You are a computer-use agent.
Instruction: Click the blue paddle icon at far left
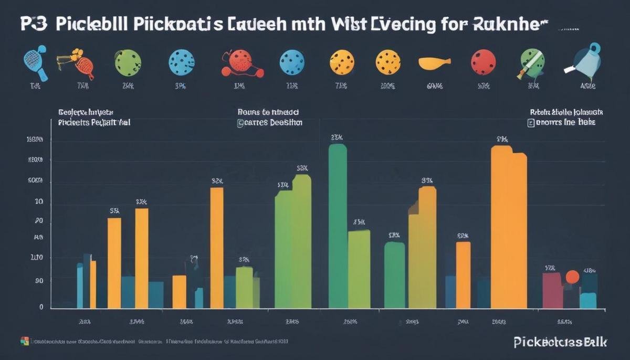(x=35, y=62)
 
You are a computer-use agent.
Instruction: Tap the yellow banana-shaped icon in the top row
(x=435, y=63)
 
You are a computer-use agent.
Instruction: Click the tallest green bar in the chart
(x=338, y=226)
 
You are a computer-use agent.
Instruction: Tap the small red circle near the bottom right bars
(x=572, y=277)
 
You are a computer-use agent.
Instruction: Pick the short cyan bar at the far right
(x=588, y=300)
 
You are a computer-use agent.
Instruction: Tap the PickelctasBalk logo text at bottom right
(x=560, y=342)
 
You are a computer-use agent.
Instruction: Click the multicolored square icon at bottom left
(x=24, y=341)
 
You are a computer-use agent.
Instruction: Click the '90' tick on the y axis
(x=39, y=281)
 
